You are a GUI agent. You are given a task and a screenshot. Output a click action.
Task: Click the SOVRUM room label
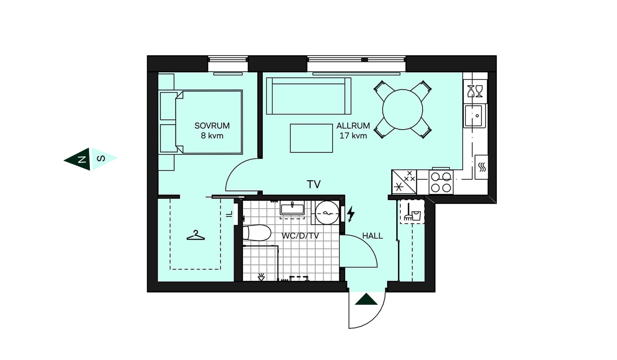[212, 126]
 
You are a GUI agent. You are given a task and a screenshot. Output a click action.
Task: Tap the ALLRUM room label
[353, 126]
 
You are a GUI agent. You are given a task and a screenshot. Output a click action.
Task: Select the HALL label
[372, 236]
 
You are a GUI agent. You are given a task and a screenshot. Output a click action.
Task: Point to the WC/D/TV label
[300, 236]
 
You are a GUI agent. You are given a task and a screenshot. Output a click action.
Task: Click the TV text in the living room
[314, 184]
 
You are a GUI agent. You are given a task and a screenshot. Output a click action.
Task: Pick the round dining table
[402, 110]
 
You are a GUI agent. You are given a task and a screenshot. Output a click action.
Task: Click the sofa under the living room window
[308, 96]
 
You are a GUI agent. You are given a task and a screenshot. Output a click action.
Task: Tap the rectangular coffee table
[311, 138]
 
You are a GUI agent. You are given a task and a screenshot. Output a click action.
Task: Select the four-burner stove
[441, 182]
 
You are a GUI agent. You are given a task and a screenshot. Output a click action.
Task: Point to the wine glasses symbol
[475, 91]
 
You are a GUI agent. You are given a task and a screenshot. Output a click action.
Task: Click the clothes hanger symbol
[196, 235]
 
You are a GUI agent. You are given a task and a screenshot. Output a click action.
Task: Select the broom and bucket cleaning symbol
[412, 212]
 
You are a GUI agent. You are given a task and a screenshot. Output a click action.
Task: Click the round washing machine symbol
[327, 213]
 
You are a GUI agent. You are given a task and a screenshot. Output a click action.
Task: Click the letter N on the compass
[82, 159]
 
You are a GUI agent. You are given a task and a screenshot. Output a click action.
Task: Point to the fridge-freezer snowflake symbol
[399, 187]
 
